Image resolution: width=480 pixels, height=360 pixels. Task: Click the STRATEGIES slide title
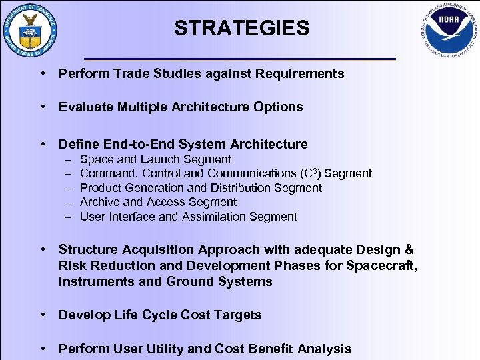point(241,28)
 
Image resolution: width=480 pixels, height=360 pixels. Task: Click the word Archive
point(100,202)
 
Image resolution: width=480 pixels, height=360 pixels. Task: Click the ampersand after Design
point(408,250)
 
